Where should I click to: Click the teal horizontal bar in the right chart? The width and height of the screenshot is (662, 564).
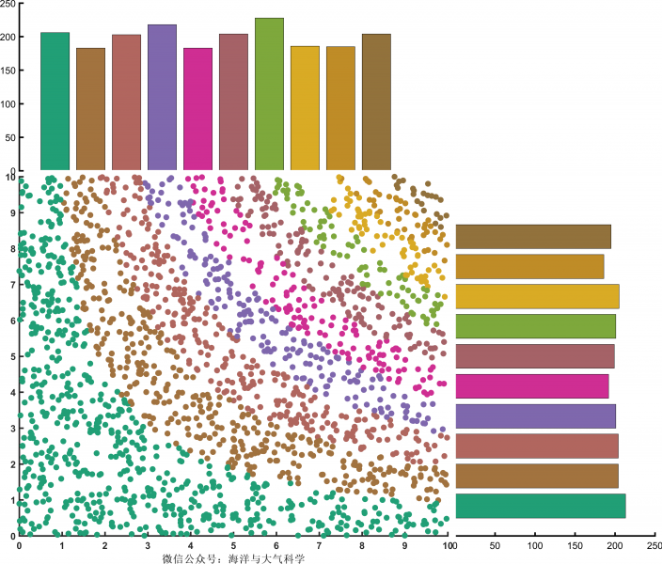[541, 506]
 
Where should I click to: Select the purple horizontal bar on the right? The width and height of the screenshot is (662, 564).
[536, 415]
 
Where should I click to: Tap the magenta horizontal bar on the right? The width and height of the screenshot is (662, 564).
[532, 385]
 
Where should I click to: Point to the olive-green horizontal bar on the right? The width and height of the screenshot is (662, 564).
[536, 326]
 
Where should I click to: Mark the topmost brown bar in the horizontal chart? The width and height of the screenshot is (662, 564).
[533, 236]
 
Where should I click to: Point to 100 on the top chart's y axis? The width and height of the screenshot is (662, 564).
[8, 103]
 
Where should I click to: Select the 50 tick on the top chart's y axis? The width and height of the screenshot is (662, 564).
[11, 137]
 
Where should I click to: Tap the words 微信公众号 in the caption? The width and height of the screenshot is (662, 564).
[186, 558]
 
